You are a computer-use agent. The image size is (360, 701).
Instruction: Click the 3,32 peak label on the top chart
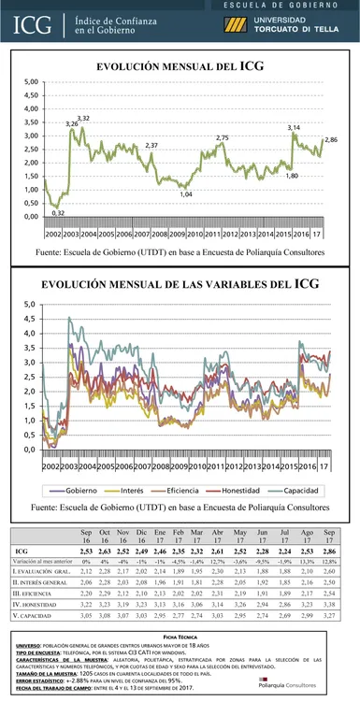click(x=84, y=118)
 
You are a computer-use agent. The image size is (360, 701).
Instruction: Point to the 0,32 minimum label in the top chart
click(x=58, y=213)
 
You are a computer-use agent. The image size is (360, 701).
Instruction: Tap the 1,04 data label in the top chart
click(x=186, y=193)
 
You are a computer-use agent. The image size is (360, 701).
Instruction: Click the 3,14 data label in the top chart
click(x=293, y=127)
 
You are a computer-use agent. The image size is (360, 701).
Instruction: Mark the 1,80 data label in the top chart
click(x=292, y=176)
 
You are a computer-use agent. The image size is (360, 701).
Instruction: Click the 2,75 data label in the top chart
click(x=222, y=138)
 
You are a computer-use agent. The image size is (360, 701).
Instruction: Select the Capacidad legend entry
click(x=299, y=490)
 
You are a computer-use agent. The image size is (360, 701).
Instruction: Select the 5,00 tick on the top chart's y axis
click(x=31, y=82)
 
